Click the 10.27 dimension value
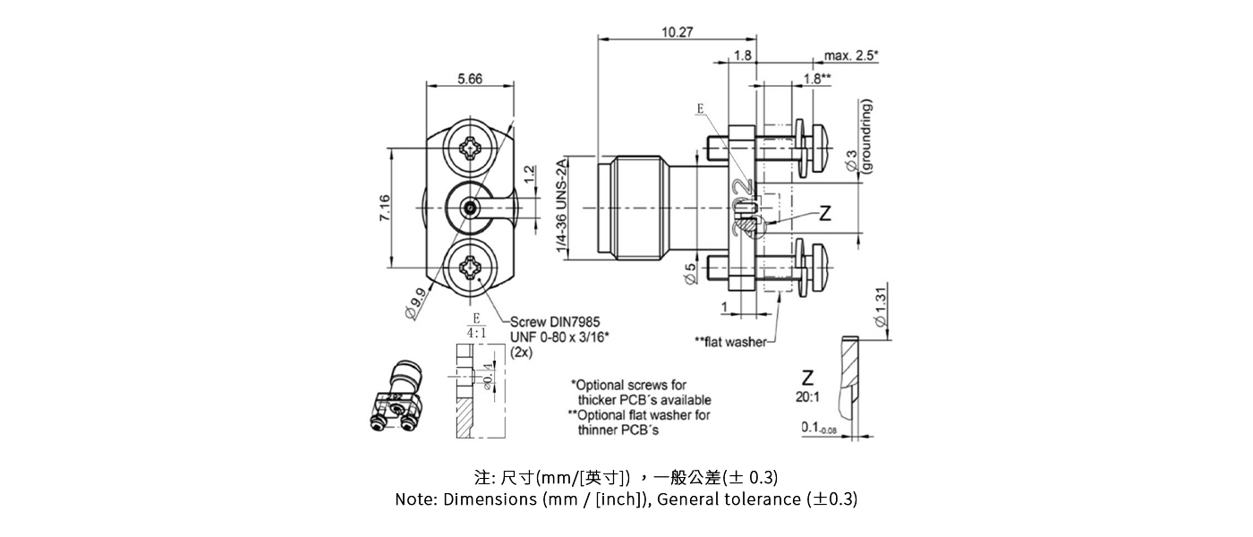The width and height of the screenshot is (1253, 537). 677,32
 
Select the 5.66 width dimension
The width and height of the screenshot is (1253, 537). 469,79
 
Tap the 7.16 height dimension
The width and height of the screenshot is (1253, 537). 383,207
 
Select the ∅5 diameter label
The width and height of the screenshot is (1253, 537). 690,274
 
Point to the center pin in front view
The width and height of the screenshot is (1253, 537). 470,208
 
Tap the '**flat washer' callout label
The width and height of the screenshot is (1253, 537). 730,342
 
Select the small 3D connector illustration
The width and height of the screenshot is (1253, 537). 398,398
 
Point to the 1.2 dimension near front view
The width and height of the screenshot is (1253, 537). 529,172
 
